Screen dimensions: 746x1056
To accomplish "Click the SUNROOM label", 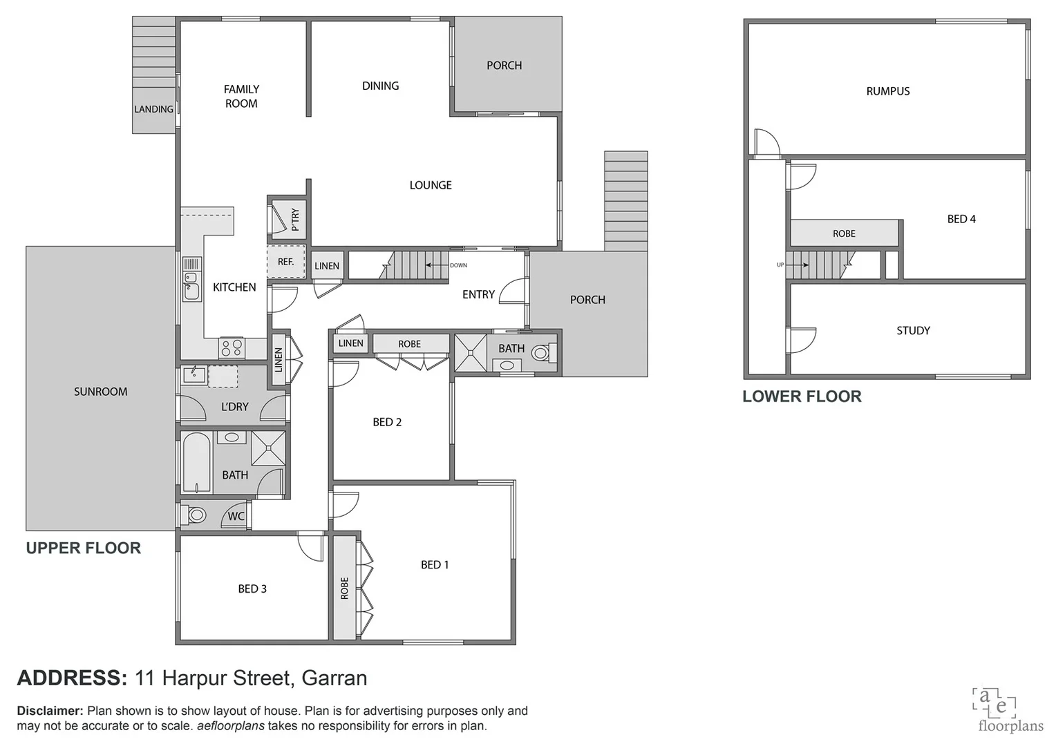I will point(101,392).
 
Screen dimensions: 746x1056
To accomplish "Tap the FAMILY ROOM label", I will point(241,96).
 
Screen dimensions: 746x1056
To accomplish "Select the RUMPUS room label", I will point(888,91).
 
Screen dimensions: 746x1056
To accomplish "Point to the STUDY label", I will point(913,331).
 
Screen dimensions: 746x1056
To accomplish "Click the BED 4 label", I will point(961,219).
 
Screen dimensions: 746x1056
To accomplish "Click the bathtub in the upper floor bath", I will point(197,463).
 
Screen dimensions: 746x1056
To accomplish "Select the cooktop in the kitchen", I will point(232,347).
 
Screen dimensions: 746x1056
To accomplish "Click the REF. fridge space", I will point(286,262).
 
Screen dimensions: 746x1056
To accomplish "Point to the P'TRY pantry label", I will point(295,220).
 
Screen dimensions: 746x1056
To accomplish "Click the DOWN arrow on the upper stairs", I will point(437,265).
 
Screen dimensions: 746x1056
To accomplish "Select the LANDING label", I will point(153,109).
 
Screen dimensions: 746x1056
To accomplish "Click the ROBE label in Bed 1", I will point(344,589).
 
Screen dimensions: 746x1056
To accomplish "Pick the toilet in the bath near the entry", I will point(541,353).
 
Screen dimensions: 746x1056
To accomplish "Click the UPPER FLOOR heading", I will point(84,548).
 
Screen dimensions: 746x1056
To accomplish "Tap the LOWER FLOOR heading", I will point(802,396).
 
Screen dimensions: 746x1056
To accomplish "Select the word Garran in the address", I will point(334,678).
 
